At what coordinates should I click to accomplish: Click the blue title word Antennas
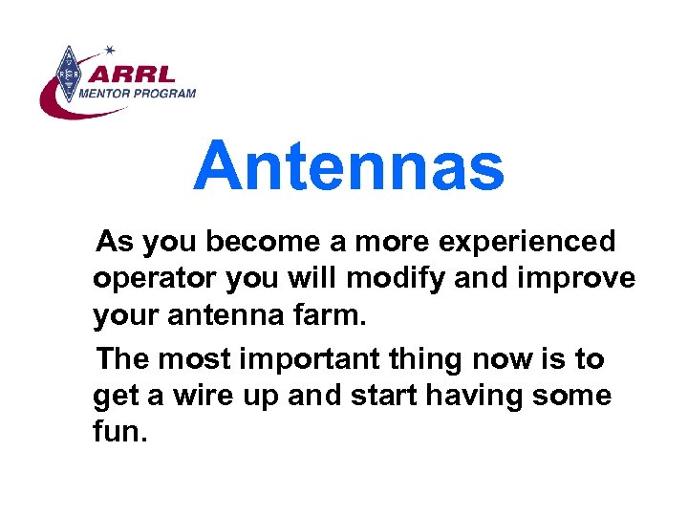pyautogui.click(x=349, y=165)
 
